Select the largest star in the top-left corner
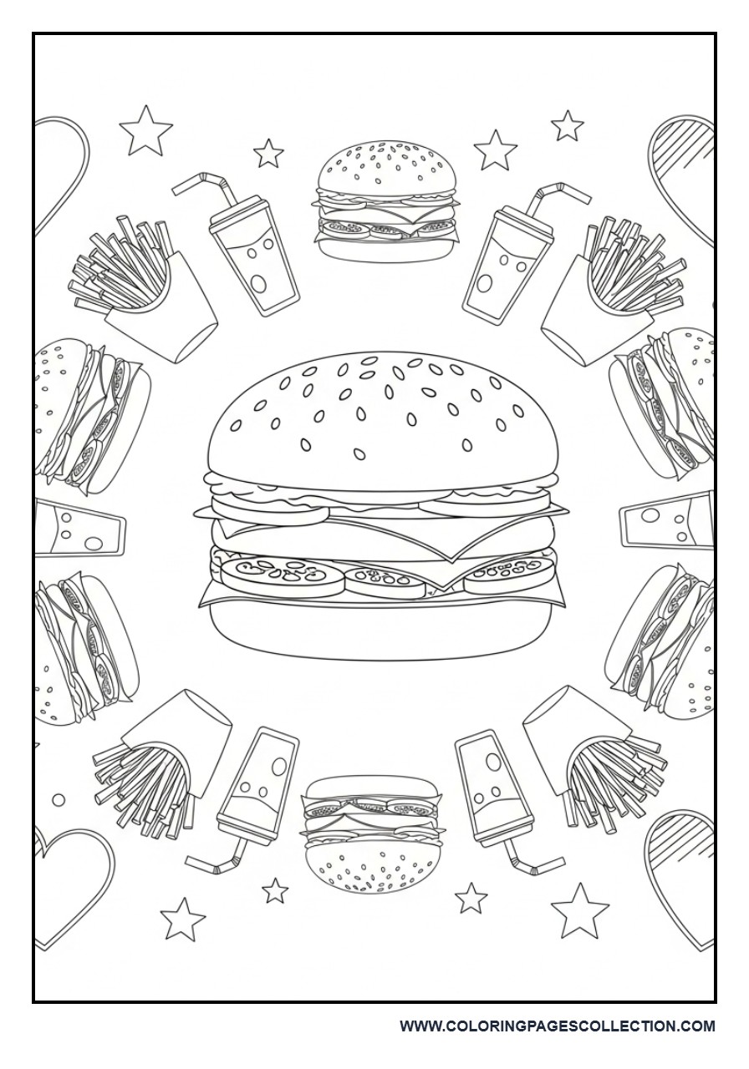pyautogui.click(x=146, y=131)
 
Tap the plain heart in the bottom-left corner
pyautogui.click(x=71, y=885)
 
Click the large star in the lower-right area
pyautogui.click(x=579, y=910)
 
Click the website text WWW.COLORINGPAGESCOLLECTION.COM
pyautogui.click(x=557, y=1026)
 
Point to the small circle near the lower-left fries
pyautogui.click(x=58, y=800)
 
